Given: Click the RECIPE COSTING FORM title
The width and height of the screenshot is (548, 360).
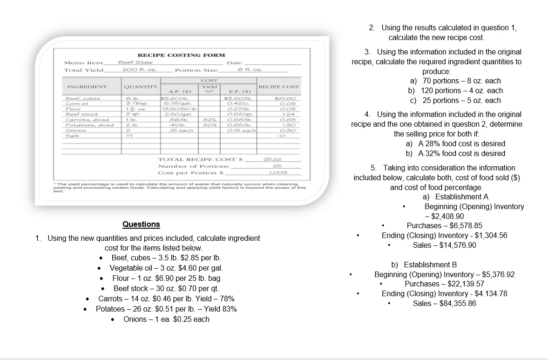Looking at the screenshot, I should [181, 55].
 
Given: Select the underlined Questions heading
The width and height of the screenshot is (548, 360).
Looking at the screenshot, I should [141, 224].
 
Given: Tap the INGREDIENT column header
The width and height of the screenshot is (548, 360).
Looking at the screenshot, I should [87, 87].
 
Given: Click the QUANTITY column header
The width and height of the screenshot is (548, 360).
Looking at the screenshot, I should [140, 87].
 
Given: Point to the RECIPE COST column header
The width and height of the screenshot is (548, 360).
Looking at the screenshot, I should [279, 87].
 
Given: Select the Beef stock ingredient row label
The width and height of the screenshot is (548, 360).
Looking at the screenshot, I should [82, 114].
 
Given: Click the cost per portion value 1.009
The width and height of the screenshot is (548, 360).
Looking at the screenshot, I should [277, 172].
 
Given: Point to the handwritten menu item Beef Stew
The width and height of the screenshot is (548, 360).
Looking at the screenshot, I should [135, 62].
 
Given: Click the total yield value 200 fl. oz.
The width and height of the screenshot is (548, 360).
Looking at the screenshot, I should [139, 70].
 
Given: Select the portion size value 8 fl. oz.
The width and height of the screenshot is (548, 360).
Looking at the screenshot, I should [250, 70].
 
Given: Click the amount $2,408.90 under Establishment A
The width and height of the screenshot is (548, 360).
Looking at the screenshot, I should [447, 216].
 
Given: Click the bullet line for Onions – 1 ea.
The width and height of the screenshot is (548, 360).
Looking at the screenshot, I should [166, 319].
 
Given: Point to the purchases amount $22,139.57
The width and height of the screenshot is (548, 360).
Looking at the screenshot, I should [444, 284].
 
